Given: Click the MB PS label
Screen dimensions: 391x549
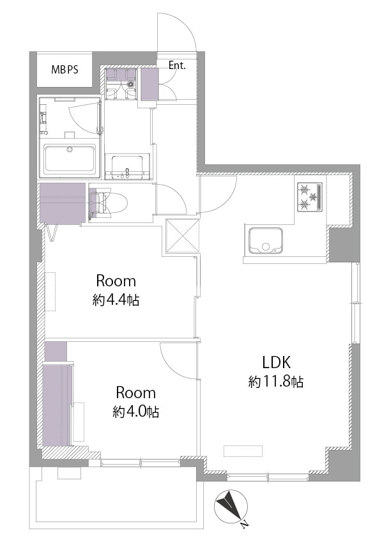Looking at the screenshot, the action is pos(65,70).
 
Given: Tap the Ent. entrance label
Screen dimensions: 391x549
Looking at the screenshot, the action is pos(177,65).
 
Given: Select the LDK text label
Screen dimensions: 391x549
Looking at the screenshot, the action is pos(277,363).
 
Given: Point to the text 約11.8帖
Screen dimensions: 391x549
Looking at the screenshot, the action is pos(276,382).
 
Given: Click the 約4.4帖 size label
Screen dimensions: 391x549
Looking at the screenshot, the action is pos(116,300).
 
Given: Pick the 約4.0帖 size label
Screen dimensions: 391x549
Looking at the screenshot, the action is pos(136,412).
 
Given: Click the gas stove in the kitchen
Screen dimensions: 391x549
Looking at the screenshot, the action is pos(310,197).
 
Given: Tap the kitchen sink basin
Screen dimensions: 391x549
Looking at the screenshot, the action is pos(265,240).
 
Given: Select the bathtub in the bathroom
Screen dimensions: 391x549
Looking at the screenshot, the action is pos(70,160).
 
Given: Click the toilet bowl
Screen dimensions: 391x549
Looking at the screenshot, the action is pos(109,203).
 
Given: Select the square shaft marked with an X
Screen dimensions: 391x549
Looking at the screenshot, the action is pos(182,236).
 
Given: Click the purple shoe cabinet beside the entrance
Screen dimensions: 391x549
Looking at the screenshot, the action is pos(149,84).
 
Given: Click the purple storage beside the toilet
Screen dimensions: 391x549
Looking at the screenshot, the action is pos(63,203).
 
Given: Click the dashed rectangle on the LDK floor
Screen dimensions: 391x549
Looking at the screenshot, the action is pos(243,451).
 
